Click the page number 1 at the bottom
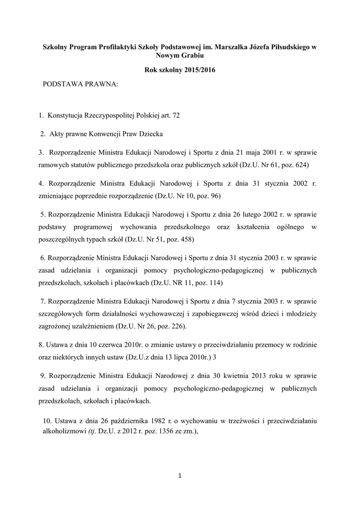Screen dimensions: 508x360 180,477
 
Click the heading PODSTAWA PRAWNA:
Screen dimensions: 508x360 80,85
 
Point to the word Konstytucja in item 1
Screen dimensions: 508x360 67,116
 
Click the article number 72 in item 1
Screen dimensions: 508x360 175,116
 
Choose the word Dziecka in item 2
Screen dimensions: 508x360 151,134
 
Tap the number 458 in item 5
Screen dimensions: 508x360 187,239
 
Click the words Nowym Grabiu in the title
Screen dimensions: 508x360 180,56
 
